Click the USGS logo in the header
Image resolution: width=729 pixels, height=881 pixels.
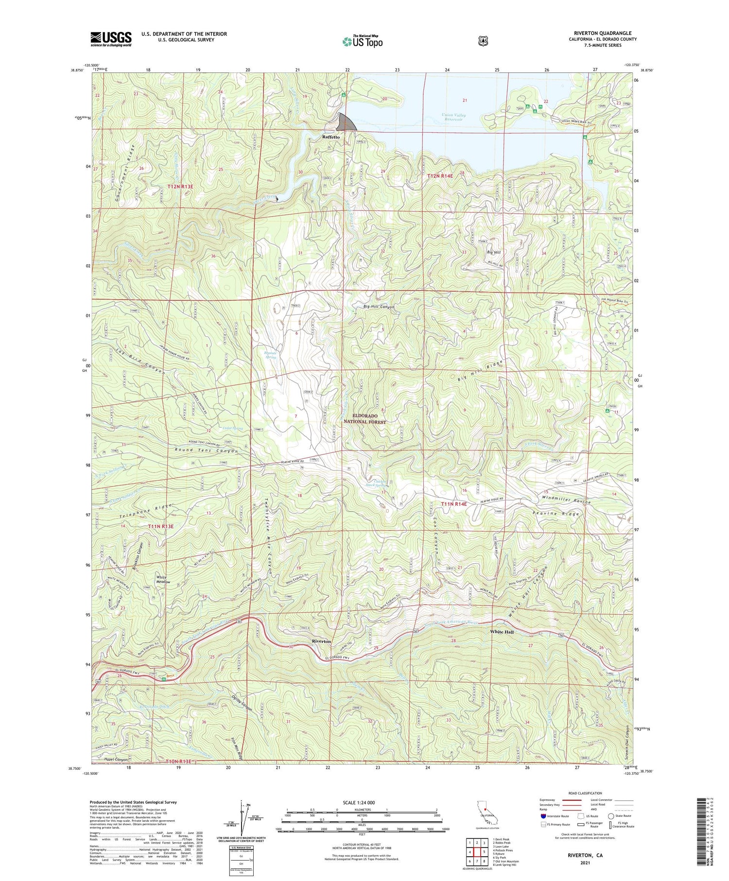click(111, 39)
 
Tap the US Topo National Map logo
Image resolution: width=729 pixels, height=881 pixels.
click(363, 41)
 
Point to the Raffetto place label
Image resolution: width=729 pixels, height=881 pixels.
click(331, 137)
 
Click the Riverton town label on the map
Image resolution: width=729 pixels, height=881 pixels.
click(321, 641)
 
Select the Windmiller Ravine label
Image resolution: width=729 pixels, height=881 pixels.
click(567, 498)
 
